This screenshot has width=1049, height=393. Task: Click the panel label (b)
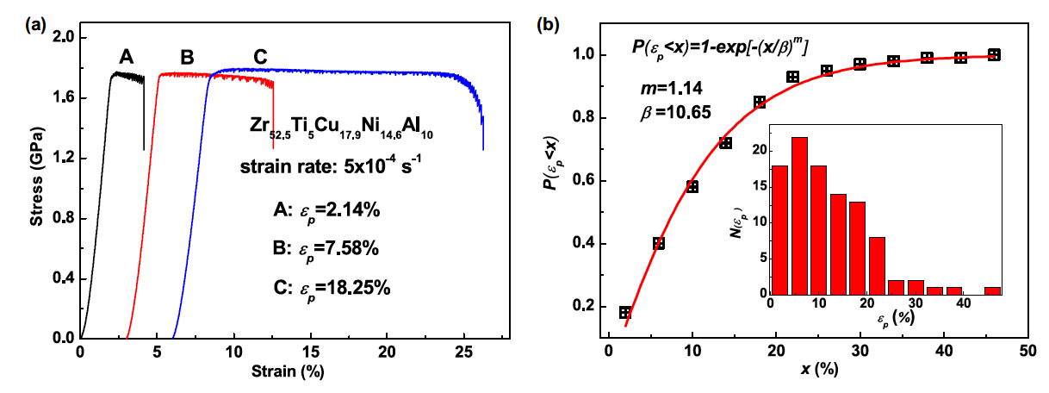549,25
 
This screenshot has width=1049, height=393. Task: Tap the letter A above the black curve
127,57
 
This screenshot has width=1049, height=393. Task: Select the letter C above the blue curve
260,57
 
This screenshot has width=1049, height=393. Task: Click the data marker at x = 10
692,187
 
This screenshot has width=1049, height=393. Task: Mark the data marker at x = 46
994,54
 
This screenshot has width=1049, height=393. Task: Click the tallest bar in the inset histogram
799,215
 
